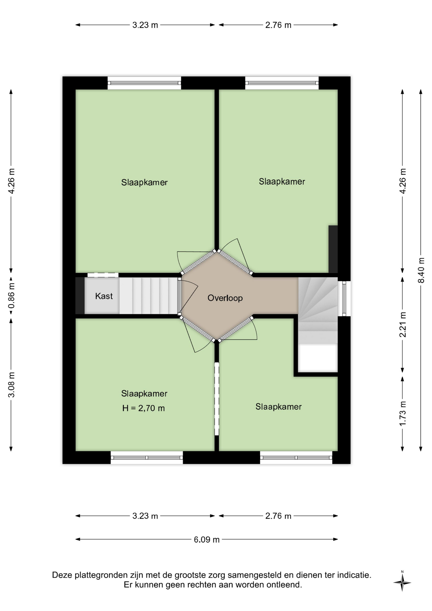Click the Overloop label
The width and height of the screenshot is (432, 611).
click(225, 298)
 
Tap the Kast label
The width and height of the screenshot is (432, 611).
click(104, 296)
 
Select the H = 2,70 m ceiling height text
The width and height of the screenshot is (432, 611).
click(143, 408)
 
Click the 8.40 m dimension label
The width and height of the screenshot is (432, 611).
click(421, 270)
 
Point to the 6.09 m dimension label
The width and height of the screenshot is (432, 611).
click(207, 540)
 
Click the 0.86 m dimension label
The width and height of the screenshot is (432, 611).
click(11, 296)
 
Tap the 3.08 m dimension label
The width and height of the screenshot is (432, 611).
click(11, 385)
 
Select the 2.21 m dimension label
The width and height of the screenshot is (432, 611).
click(403, 324)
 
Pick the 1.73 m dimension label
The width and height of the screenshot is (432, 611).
click(403, 413)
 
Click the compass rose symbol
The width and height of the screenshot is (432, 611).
click(402, 583)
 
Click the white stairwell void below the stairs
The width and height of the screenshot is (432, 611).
click(318, 358)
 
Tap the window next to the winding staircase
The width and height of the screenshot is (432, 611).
click(344, 298)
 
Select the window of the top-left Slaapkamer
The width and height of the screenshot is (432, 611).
click(144, 83)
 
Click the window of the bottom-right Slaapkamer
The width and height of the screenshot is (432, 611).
click(296, 458)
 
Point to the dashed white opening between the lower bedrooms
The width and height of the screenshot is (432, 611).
click(217, 399)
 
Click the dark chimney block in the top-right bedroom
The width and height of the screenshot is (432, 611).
click(333, 249)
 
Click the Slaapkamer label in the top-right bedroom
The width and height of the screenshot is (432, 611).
click(282, 182)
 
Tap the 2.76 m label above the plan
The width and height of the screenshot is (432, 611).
click(278, 25)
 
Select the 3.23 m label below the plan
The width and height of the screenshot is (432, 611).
click(145, 516)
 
